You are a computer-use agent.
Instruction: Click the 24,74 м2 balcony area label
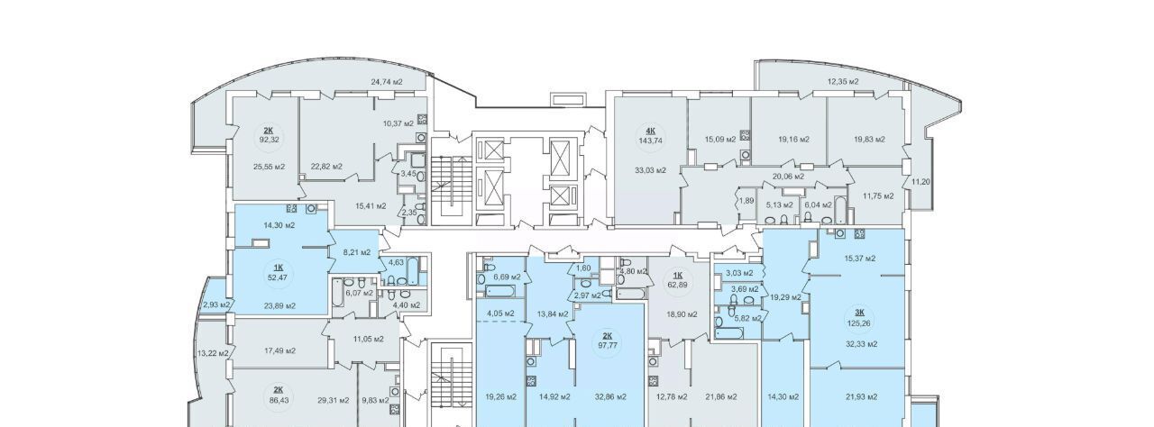pos(387,82)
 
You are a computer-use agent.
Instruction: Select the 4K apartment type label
pos(650,132)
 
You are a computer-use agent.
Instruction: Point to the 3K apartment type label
pos(859,313)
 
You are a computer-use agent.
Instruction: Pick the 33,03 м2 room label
pos(650,170)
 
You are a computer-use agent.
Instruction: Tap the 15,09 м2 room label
pos(720,139)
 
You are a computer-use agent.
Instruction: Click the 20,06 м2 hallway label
pos(788,176)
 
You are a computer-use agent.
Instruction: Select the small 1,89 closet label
pos(746,201)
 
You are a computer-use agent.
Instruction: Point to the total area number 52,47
pos(277,277)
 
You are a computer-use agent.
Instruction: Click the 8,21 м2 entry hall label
pos(357,252)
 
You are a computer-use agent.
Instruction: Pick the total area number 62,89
pos(678,283)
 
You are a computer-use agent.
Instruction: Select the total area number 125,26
pos(859,323)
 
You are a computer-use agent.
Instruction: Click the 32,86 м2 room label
pos(610,396)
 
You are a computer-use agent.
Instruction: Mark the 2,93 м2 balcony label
pos(215,305)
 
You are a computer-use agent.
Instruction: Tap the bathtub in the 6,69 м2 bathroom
pos(500,292)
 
